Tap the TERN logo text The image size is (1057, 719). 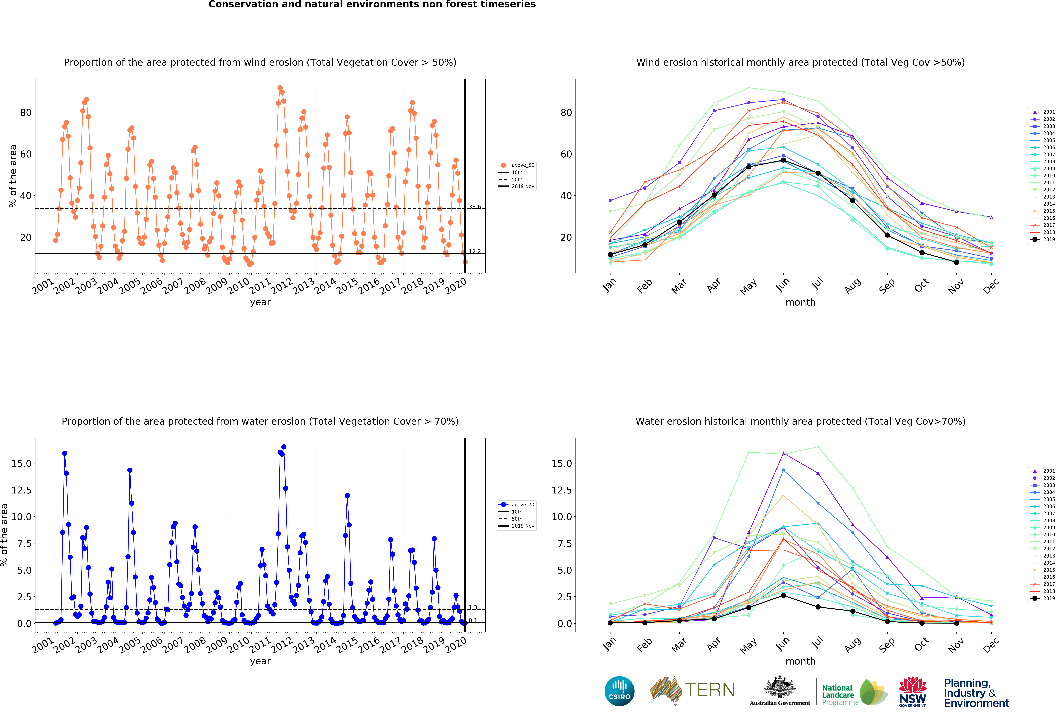tap(710, 690)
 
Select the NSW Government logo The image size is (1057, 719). tap(912, 692)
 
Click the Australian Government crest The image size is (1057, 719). tap(780, 687)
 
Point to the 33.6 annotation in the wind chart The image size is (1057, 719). tap(475, 207)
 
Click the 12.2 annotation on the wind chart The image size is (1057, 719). tap(475, 251)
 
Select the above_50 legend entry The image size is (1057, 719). tap(517, 165)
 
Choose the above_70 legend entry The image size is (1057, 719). tap(517, 505)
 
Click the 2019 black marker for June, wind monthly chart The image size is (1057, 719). tap(783, 160)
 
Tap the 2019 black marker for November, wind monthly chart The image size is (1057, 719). tap(956, 262)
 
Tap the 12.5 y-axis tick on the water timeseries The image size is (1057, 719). tap(21, 490)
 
